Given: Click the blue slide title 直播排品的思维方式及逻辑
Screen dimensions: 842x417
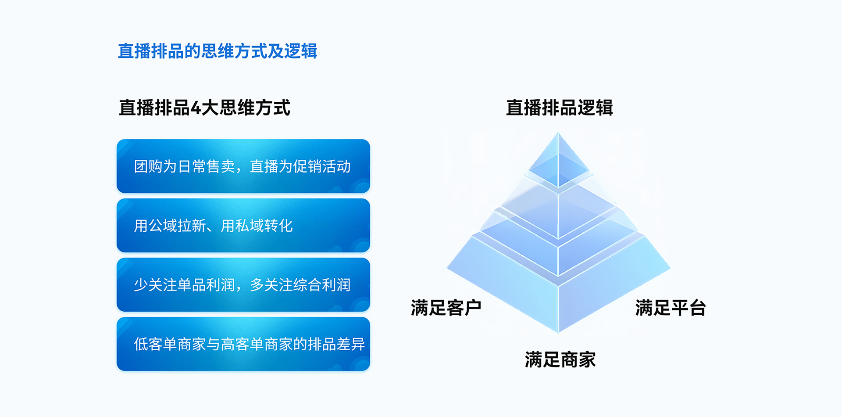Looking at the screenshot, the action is point(218,51).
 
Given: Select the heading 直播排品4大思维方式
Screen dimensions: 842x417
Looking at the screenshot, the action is point(204,108).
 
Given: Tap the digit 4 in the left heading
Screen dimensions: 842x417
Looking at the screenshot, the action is point(196,108).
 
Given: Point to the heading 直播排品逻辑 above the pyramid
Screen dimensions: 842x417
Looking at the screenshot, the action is point(559,108).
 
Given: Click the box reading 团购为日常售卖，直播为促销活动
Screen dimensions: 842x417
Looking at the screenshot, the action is point(243,166).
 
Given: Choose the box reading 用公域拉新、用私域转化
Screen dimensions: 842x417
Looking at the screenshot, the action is point(243,225).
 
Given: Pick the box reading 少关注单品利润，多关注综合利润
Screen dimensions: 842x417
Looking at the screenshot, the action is point(243,284).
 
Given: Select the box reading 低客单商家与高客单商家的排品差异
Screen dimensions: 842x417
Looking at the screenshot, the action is point(243,344).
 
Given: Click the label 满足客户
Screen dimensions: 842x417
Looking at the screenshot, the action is point(446,308).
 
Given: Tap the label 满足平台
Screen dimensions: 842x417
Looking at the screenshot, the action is point(671,308).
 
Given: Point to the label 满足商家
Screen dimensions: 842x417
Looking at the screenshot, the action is point(560,359).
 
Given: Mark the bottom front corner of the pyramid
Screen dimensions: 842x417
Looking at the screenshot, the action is point(558,333).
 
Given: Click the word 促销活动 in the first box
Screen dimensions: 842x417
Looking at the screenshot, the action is point(322,166).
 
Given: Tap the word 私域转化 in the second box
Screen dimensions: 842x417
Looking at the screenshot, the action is point(264,226).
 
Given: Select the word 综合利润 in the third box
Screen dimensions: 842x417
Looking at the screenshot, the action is point(322,285).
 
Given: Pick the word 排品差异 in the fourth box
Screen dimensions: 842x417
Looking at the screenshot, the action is point(336,344).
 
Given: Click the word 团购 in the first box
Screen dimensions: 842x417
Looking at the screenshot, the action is point(148,166).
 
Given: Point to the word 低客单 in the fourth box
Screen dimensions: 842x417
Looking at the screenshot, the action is point(155,344).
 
